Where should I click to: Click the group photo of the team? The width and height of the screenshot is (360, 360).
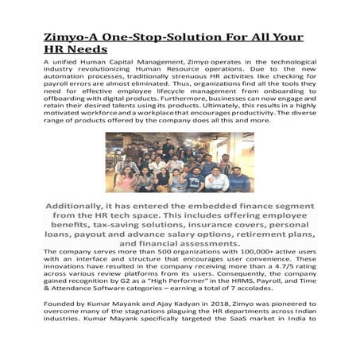(x=180, y=162)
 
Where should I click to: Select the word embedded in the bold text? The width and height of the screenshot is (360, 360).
(x=223, y=205)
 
